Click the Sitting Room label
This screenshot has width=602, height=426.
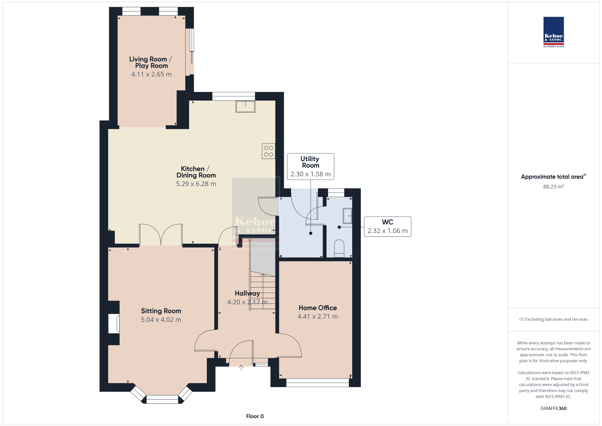[161, 311]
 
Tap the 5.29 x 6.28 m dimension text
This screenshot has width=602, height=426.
[196, 184]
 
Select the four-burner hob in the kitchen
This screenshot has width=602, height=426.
[268, 151]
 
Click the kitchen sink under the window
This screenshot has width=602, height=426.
[245, 106]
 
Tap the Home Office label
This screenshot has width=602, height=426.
[318, 308]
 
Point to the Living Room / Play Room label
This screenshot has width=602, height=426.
[151, 62]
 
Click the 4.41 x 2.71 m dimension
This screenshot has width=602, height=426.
[318, 316]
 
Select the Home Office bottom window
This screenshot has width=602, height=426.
[318, 383]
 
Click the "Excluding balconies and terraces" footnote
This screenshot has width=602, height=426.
[554, 319]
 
